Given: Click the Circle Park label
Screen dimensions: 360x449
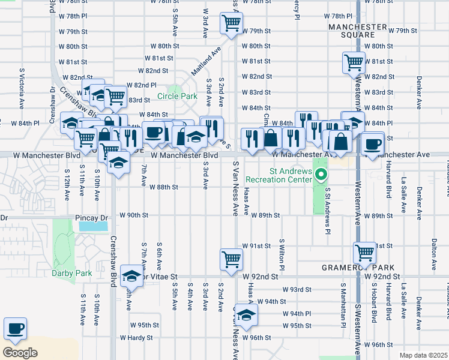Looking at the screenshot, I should coord(177,96).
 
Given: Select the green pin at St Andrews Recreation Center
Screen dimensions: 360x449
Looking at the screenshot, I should coord(321,175).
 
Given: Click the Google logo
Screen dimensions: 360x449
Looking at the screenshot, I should coord(20,353).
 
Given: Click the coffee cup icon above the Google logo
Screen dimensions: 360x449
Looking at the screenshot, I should coord(15,328).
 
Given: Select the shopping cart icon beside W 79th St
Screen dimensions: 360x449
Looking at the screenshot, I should coord(231,23).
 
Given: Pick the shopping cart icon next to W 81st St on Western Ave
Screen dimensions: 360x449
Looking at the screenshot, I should coord(354,62).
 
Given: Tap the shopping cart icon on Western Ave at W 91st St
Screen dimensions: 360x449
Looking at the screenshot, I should coord(364,251).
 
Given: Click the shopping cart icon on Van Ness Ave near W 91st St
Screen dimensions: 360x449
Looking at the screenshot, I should coord(231,259).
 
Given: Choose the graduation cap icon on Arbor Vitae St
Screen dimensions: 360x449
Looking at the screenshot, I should coord(131,277).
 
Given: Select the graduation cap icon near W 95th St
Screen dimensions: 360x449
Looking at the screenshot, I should coord(246,314).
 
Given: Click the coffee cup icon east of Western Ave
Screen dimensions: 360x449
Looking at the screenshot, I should coord(372,144).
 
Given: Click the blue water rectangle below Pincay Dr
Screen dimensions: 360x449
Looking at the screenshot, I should coord(93,227).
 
